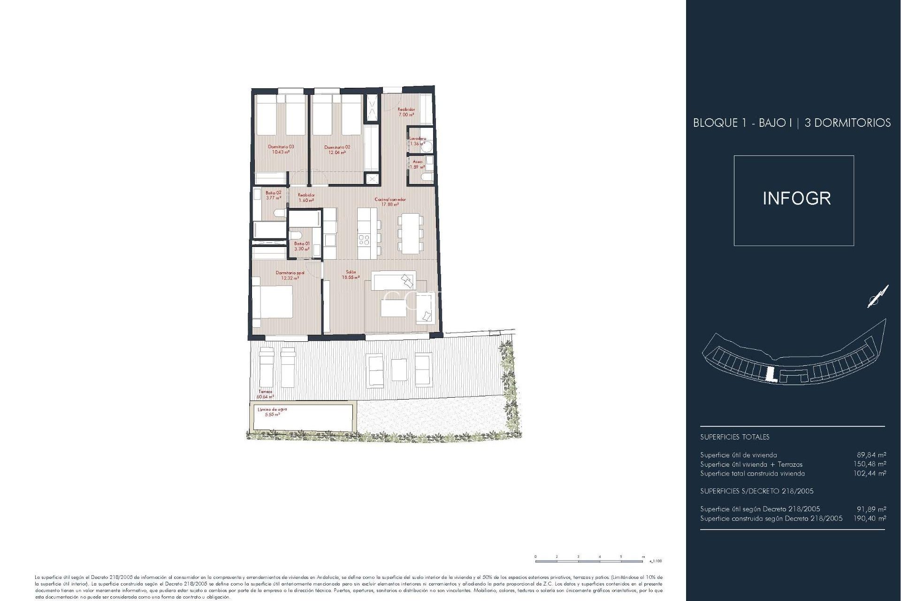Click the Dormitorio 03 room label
281,149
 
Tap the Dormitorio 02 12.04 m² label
337,150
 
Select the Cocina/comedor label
390,202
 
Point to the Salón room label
351,275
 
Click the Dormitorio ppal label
290,275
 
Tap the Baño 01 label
302,246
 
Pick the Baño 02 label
273,195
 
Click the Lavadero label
417,141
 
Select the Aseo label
417,164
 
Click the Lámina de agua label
272,412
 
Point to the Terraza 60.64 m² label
265,394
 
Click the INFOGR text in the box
796,199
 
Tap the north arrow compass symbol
878,297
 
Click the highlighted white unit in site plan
770,375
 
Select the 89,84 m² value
871,455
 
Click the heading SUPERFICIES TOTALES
734,437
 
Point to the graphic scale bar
590,561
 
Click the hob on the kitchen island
364,240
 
